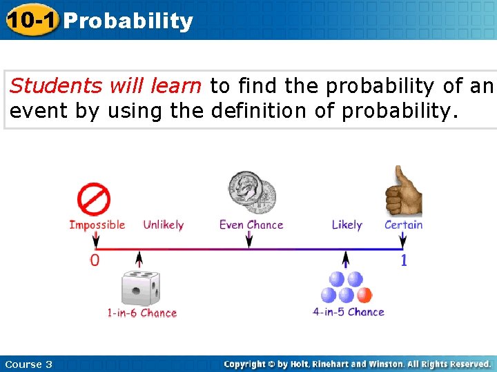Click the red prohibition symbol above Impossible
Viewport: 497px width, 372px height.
click(93, 200)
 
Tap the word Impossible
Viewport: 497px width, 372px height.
click(97, 225)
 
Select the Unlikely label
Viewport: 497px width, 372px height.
click(163, 225)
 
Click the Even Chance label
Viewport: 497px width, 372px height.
click(251, 225)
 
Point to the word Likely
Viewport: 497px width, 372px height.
click(347, 225)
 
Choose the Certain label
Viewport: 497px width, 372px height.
click(403, 225)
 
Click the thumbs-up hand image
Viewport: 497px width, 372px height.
click(405, 191)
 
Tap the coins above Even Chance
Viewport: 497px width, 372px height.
click(252, 192)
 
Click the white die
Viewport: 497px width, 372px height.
click(140, 289)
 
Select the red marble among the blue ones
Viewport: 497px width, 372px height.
click(364, 295)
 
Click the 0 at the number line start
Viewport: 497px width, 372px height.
click(95, 260)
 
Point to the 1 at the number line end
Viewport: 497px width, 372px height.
click(404, 260)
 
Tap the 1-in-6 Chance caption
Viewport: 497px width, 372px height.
click(142, 313)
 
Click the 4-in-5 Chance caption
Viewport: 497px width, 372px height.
click(348, 312)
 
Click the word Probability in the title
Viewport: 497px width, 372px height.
click(128, 21)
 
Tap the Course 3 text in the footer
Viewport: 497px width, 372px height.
click(28, 364)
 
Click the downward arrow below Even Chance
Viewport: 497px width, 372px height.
click(249, 240)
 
